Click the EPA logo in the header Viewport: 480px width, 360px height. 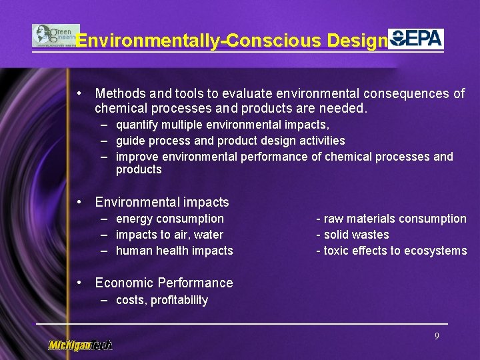416,38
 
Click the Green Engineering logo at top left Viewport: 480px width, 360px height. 55,35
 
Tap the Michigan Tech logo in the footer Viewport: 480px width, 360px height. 80,345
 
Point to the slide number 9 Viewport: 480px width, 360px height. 437,337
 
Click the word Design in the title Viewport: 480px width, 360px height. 357,41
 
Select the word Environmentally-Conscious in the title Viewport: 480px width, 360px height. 199,41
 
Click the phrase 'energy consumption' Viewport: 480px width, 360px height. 169,219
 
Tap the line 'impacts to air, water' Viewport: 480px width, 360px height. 169,235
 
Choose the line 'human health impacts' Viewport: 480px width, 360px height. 174,251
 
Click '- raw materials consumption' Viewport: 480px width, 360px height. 391,219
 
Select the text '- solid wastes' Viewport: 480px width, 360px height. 352,235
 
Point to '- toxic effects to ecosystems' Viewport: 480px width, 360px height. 391,251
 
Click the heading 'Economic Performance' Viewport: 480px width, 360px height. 164,283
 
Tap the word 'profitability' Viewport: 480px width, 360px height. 179,300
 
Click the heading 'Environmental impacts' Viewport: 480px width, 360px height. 162,202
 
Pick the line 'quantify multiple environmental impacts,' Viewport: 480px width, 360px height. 223,125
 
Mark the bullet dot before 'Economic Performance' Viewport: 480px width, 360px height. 79,282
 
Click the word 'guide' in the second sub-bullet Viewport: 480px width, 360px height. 129,141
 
